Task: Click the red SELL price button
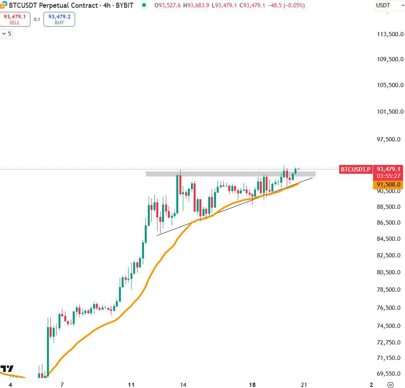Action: (15, 19)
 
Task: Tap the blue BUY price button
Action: (59, 19)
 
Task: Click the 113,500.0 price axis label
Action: (390, 34)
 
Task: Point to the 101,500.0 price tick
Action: (390, 112)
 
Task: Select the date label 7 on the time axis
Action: (62, 385)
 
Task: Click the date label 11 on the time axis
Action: (131, 385)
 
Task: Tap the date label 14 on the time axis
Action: (183, 385)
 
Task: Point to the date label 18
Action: (253, 385)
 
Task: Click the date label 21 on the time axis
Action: (304, 385)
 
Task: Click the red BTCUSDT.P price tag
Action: (356, 169)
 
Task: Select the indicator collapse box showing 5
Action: (7, 34)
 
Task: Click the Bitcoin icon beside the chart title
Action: (4, 5)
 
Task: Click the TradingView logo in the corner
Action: (7, 368)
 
